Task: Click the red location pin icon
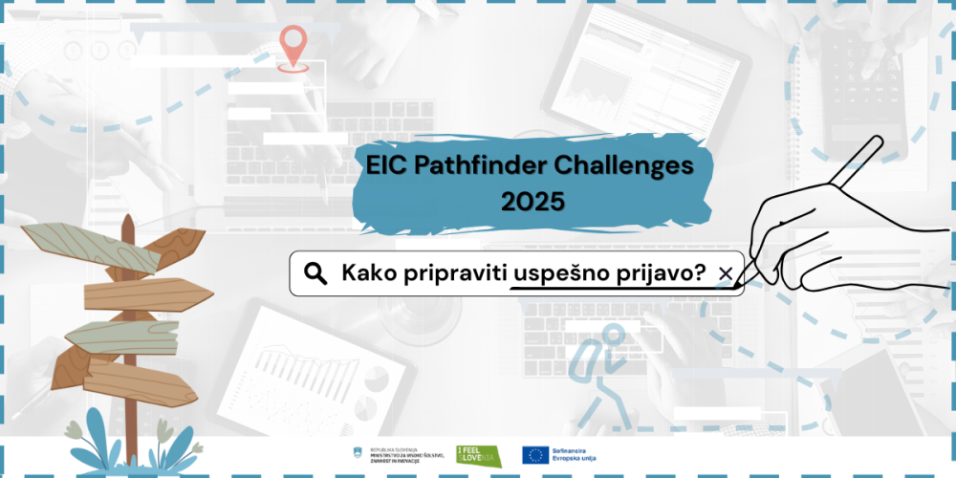(293, 45)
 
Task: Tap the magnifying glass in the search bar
(315, 274)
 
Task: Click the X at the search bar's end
(725, 274)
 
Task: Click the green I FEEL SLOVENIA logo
(478, 455)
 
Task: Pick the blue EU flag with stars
(534, 455)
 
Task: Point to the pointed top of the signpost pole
(127, 223)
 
